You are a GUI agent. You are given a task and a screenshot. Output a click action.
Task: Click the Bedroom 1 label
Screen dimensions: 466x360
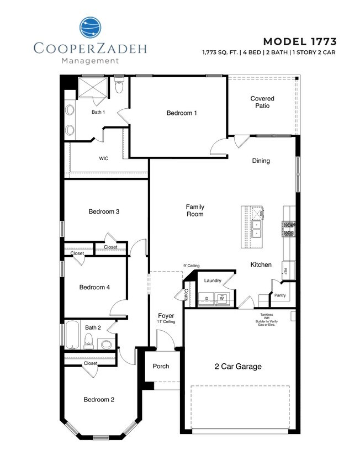click(182, 113)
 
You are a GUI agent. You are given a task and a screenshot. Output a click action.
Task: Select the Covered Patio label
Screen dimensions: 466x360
click(262, 102)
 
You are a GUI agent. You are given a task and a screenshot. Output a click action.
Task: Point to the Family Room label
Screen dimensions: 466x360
click(195, 210)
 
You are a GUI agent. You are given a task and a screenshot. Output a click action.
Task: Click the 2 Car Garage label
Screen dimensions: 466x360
click(238, 366)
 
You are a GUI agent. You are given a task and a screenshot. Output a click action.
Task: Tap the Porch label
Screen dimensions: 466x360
click(161, 367)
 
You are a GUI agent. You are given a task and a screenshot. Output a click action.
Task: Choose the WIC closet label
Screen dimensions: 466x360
click(103, 158)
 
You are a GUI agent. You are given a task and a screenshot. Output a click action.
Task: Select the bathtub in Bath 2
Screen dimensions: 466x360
click(72, 335)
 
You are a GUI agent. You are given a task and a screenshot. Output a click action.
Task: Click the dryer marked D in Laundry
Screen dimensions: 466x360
click(207, 299)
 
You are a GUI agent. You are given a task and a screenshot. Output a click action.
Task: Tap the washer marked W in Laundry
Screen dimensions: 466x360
click(222, 299)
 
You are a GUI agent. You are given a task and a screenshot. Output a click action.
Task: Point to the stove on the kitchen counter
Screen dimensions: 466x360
click(289, 228)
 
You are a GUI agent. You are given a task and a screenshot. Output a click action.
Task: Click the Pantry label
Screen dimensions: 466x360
click(280, 295)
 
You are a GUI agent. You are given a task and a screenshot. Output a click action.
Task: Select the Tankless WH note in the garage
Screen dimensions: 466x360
click(266, 320)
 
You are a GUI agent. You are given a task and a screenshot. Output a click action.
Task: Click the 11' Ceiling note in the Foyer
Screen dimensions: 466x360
click(166, 321)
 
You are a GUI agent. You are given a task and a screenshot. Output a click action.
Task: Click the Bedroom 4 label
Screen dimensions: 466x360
click(94, 287)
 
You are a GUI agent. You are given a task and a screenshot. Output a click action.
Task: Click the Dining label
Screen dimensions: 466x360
click(261, 161)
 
